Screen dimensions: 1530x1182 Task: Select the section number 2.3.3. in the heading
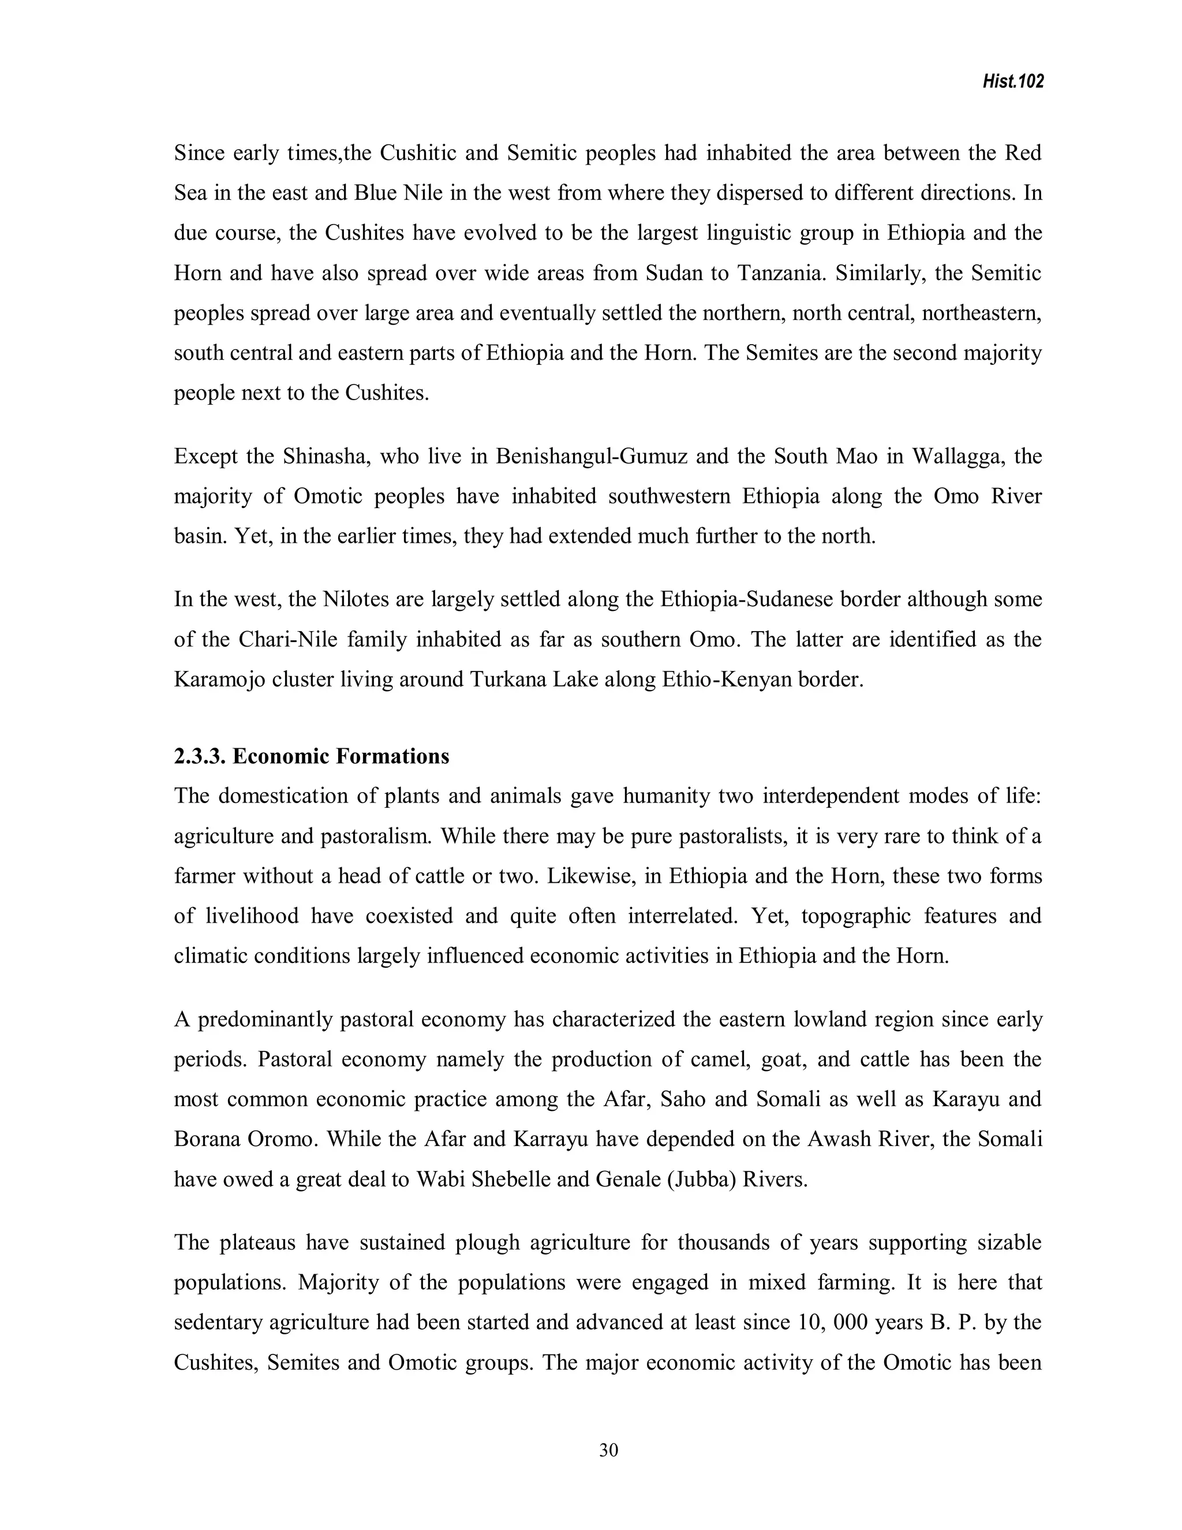200,756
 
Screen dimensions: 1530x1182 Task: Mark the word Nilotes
355,600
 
